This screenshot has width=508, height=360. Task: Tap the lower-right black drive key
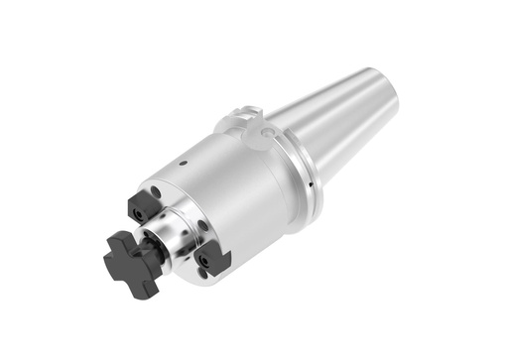213,260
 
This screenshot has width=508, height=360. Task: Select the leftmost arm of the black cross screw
110,255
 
